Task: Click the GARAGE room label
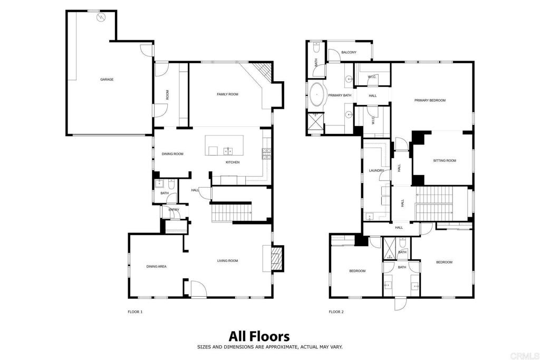click(x=107, y=80)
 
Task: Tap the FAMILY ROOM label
click(x=227, y=94)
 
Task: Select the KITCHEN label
click(x=233, y=162)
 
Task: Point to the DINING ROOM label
click(x=172, y=154)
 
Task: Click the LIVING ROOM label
click(x=228, y=261)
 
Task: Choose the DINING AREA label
click(x=156, y=266)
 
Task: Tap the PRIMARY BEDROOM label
click(x=430, y=101)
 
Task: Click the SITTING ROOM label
click(x=445, y=161)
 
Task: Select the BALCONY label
click(x=349, y=52)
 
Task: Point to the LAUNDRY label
click(x=376, y=170)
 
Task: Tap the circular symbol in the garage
click(x=101, y=17)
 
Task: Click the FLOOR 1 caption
click(x=135, y=312)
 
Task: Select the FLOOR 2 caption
click(x=336, y=312)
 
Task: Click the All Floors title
click(x=259, y=336)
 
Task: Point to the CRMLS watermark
click(x=525, y=356)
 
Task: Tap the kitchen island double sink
click(x=228, y=151)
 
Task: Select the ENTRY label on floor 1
click(x=174, y=210)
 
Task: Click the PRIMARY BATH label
click(x=340, y=95)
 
